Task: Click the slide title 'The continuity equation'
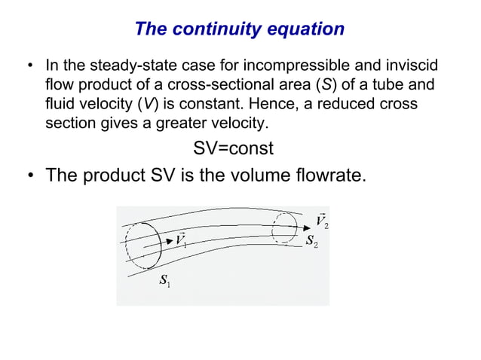point(239,29)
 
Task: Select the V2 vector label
point(322,221)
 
